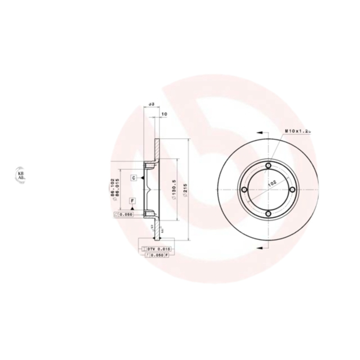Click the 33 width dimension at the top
point(151,104)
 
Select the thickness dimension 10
point(164,114)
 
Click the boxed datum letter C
point(134,178)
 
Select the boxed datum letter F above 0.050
point(133,201)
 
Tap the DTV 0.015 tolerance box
point(155,248)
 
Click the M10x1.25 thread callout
point(298,130)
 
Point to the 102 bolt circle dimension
point(272,183)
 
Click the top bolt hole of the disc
point(268,166)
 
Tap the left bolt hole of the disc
point(244,190)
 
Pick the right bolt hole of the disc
point(292,190)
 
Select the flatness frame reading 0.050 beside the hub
point(126,215)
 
